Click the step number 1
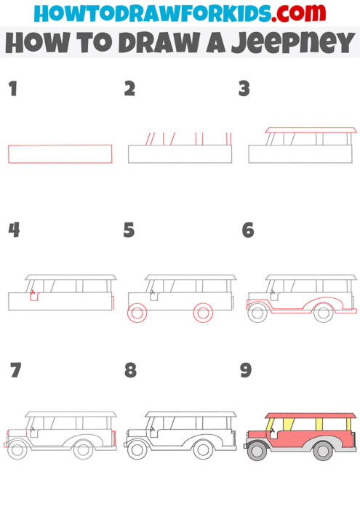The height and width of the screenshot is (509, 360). pos(12,89)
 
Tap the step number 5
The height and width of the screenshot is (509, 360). pos(129,231)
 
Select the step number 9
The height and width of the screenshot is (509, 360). pos(246,371)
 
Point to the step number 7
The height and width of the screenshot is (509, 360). pos(15,371)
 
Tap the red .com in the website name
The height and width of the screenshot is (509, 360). pos(284,12)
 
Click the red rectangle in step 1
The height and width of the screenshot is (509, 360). pos(60,154)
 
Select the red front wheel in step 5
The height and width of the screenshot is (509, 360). pos(137,313)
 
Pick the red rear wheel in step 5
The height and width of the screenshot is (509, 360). pos(203,313)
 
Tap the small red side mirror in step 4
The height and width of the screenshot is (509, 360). pos(33,297)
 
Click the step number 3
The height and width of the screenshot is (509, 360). pos(244,89)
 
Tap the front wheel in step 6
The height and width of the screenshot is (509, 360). pos(257,313)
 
